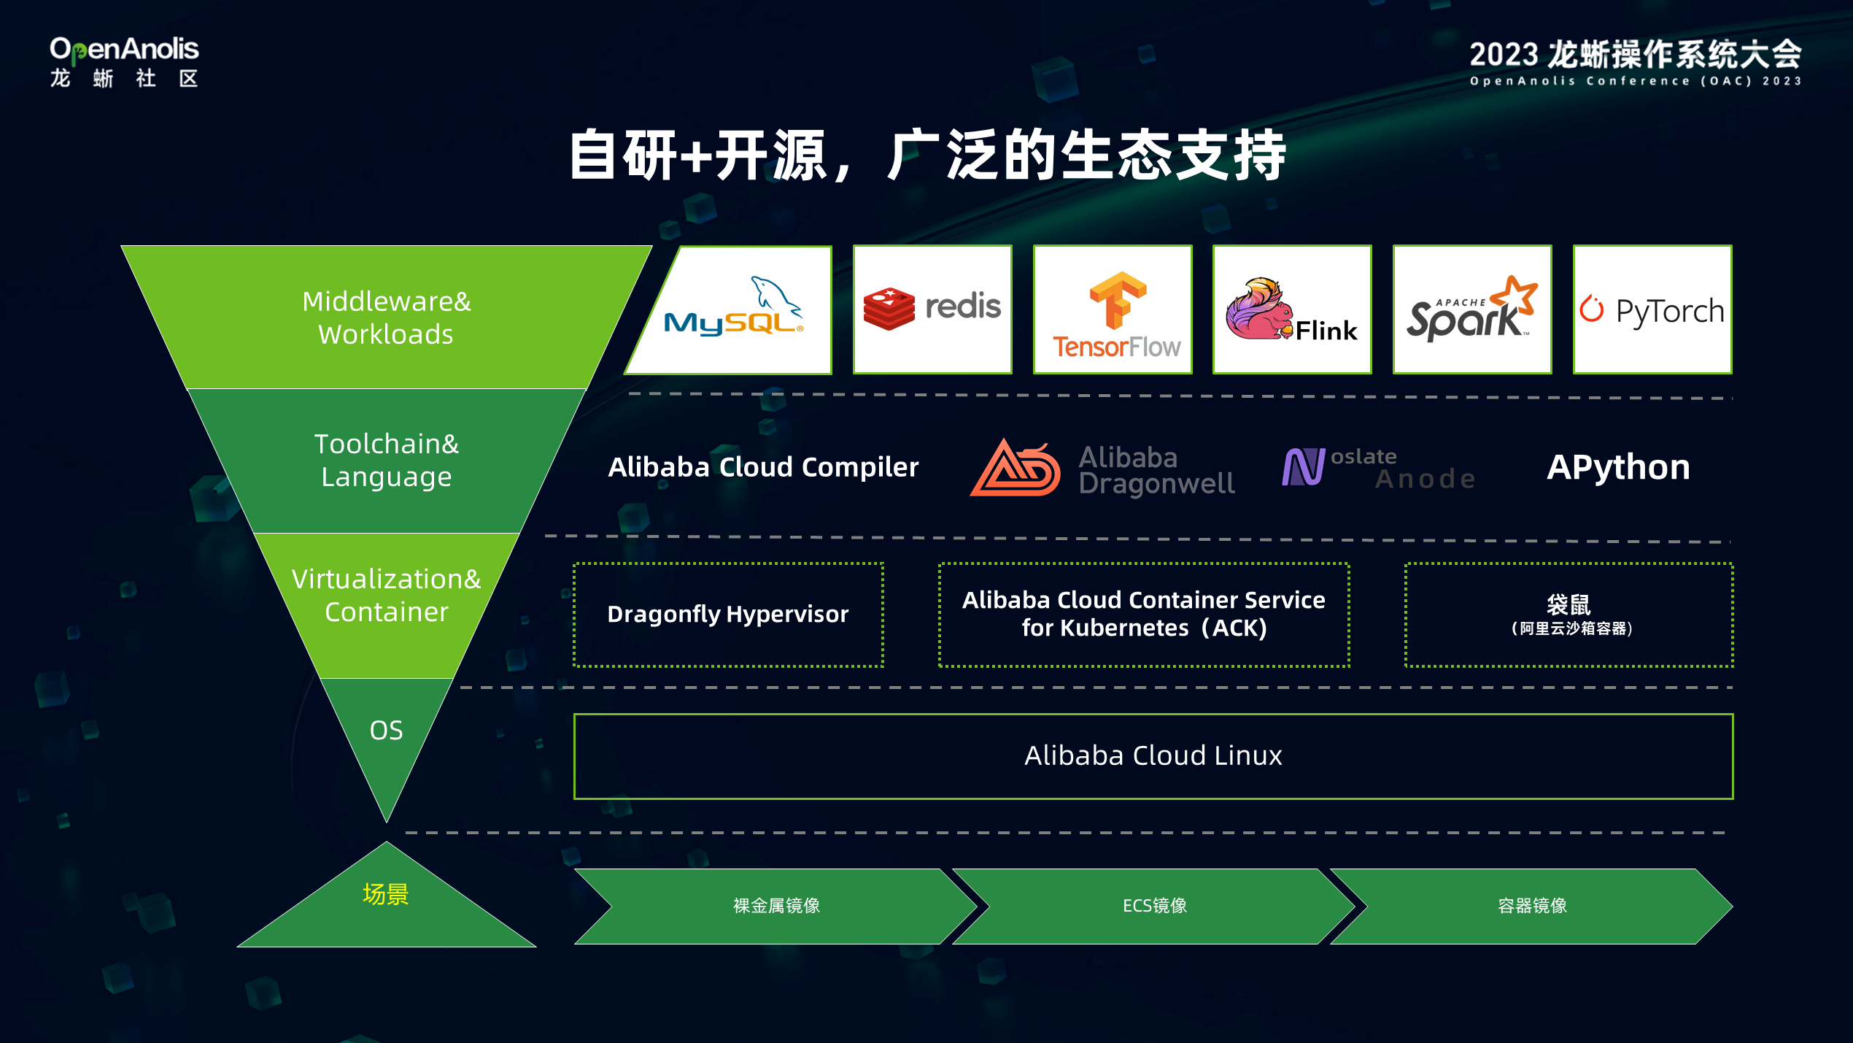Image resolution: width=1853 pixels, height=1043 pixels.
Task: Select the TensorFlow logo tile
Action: pos(1113,310)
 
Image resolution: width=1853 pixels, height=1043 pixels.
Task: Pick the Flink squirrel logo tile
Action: pos(1292,310)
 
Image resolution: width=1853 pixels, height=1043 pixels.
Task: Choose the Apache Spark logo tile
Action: pos(1472,310)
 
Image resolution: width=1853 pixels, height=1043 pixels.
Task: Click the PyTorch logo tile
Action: pos(1652,310)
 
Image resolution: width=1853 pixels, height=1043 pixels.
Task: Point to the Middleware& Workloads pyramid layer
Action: pos(387,317)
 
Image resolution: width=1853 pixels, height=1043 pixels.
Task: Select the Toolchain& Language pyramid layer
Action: pos(387,460)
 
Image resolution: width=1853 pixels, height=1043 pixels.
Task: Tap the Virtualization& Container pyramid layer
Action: pos(387,596)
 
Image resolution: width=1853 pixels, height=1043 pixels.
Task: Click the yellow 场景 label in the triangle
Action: pos(386,894)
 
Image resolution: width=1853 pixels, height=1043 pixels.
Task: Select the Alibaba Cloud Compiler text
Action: pos(763,467)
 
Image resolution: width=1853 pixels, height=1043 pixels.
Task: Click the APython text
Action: pos(1618,467)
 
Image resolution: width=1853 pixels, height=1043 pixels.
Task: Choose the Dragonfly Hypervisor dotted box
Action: pos(728,615)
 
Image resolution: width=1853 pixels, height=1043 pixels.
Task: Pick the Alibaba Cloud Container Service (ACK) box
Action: pos(1143,615)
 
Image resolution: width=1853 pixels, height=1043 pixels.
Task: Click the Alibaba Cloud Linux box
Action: pos(1153,756)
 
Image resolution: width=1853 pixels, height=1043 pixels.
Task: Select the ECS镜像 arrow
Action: pos(1154,906)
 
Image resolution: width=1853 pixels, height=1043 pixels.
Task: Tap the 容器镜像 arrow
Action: pos(1532,906)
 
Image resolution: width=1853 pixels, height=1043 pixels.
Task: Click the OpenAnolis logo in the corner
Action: pos(124,63)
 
